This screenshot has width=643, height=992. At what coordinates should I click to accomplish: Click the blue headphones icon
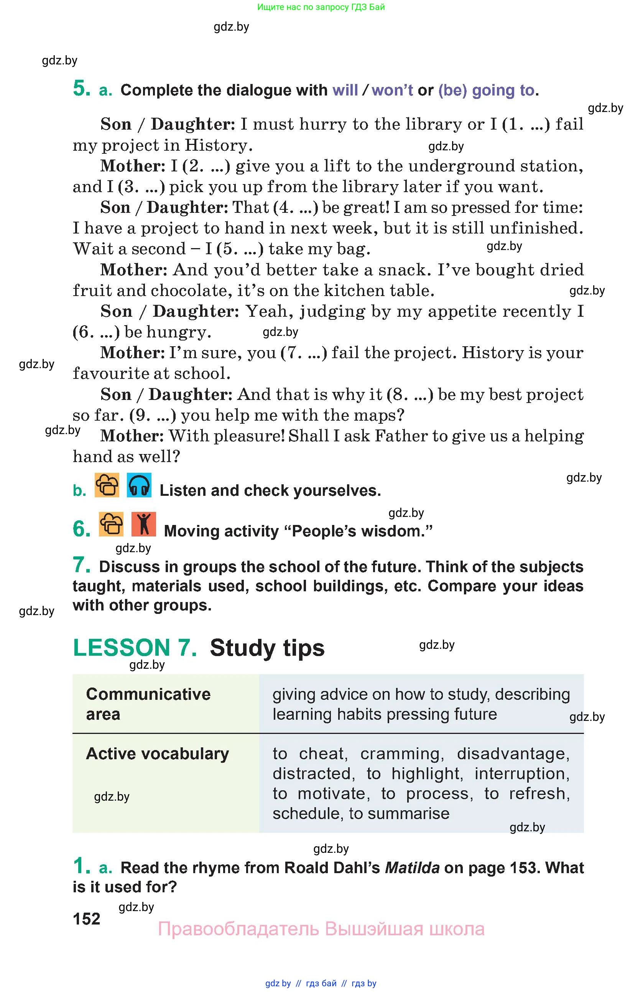[x=139, y=485]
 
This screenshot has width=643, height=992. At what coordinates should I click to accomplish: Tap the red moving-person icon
[x=143, y=524]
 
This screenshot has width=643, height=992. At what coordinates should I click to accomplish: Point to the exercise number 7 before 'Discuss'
[x=81, y=565]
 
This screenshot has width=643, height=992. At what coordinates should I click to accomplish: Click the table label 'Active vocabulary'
[x=157, y=753]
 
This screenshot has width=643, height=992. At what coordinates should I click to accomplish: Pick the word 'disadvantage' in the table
[x=513, y=753]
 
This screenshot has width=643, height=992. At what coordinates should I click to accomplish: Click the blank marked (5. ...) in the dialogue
[x=240, y=249]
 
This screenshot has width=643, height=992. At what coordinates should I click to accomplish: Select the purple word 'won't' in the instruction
[x=392, y=90]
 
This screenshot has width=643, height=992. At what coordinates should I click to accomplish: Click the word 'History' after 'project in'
[x=219, y=145]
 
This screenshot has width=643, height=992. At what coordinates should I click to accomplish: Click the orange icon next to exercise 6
[x=111, y=524]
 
